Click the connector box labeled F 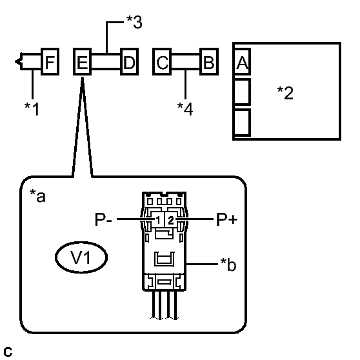(50, 61)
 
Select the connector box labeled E (82, 61)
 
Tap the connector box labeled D (130, 61)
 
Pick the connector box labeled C (162, 61)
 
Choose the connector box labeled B (209, 61)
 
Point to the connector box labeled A (242, 61)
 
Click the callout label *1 (32, 109)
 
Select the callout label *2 (285, 93)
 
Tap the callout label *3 (134, 23)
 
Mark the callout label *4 (185, 109)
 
